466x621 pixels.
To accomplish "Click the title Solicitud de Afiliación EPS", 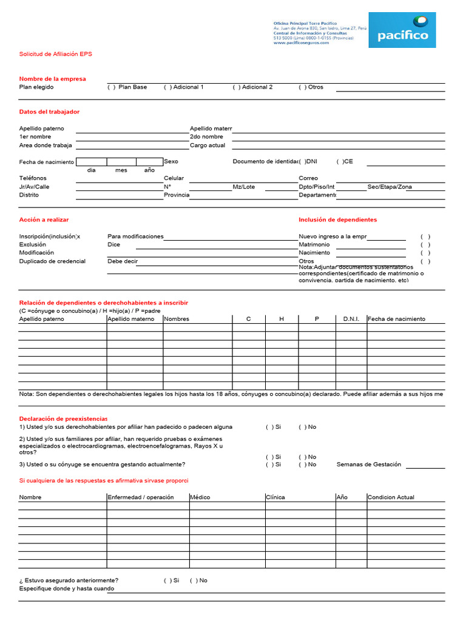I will pyautogui.click(x=56, y=54).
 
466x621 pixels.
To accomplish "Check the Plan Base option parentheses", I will pyautogui.click(x=112, y=87).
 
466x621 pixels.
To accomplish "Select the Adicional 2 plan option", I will pyautogui.click(x=237, y=87).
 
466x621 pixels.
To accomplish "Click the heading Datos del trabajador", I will pyautogui.click(x=49, y=112).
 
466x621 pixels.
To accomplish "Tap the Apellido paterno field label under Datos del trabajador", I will pyautogui.click(x=41, y=129).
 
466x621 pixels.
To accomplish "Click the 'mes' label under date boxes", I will pyautogui.click(x=121, y=170).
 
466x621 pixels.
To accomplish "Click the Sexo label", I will pyautogui.click(x=171, y=162).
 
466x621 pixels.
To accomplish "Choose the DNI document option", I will pyautogui.click(x=308, y=162).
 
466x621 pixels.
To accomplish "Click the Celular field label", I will pyautogui.click(x=174, y=178).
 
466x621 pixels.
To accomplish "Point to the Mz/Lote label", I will pyautogui.click(x=244, y=187).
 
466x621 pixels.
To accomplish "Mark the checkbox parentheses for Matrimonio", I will pyautogui.click(x=425, y=244).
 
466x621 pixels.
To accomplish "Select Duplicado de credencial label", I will pyautogui.click(x=52, y=261).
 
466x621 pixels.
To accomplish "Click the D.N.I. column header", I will pyautogui.click(x=351, y=319).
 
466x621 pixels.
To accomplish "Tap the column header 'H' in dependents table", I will pyautogui.click(x=282, y=319).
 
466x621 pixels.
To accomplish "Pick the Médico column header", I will pyautogui.click(x=200, y=497).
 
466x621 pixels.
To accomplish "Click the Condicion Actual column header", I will pyautogui.click(x=391, y=497).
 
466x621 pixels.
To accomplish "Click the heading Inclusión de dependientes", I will pyautogui.click(x=337, y=220).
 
